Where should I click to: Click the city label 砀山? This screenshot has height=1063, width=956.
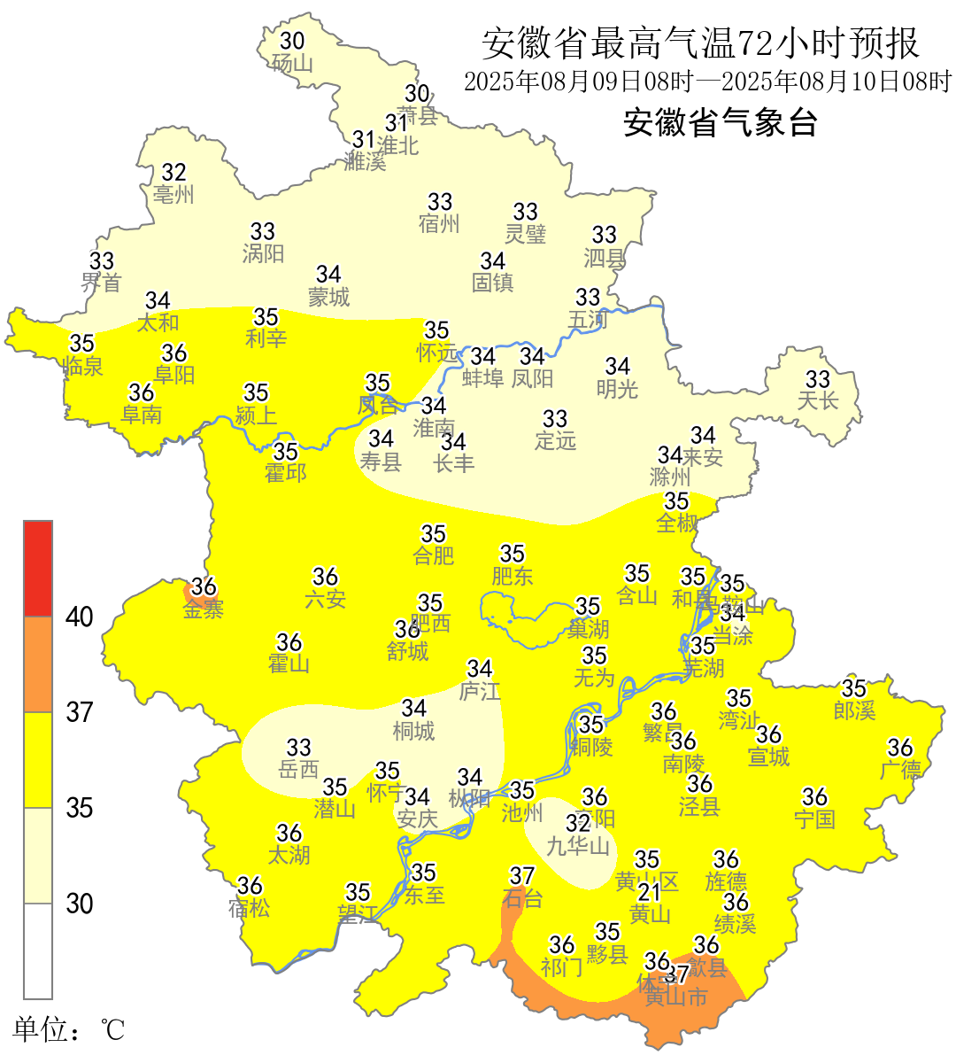click(x=293, y=64)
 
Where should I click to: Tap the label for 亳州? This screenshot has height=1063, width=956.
click(x=173, y=195)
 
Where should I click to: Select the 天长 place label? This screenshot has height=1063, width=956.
click(x=817, y=401)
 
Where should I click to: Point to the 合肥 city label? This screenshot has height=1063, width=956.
click(x=434, y=556)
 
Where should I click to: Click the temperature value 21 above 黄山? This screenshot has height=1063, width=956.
click(x=650, y=891)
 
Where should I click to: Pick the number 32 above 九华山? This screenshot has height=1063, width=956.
click(x=578, y=824)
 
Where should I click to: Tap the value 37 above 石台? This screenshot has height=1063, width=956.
click(x=522, y=876)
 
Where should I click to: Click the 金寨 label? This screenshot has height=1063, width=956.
click(x=204, y=609)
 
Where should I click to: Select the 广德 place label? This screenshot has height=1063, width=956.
click(x=900, y=770)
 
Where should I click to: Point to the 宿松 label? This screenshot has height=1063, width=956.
click(x=250, y=908)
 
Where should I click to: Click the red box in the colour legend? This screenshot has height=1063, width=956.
click(x=38, y=568)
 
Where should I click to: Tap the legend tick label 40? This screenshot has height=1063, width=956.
click(x=80, y=617)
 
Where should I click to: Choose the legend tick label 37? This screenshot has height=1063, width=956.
click(x=80, y=712)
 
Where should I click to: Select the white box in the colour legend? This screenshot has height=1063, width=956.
click(x=38, y=950)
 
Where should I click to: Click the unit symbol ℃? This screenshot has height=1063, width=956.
click(x=112, y=1030)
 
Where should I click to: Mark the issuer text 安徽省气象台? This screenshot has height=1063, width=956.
click(x=720, y=122)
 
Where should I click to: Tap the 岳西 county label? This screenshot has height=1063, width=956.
click(x=298, y=770)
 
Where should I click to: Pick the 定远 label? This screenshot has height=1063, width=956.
click(x=555, y=440)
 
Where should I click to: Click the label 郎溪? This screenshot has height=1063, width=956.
click(x=854, y=710)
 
